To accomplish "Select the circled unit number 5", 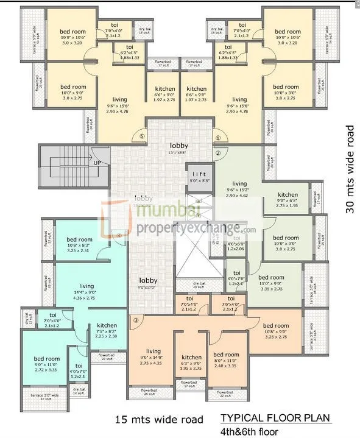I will pyautogui.click(x=141, y=137).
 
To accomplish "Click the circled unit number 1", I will pyautogui.click(x=217, y=137).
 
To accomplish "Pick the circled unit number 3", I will pyautogui.click(x=136, y=320).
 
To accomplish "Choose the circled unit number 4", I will pyautogui.click(x=119, y=235).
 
